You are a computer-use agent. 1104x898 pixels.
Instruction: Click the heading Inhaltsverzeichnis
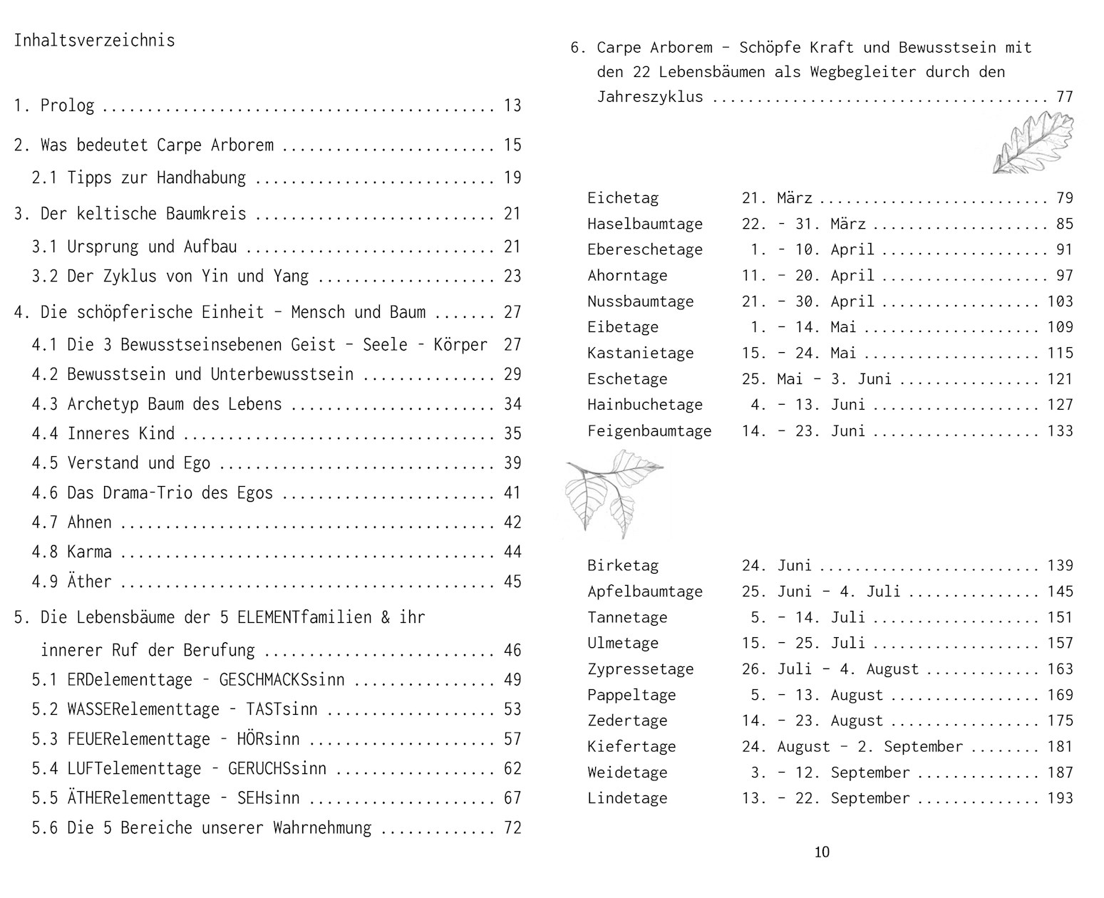click(x=94, y=40)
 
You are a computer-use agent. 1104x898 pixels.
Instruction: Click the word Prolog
click(x=67, y=105)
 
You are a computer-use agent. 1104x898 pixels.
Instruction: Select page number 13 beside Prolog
click(x=512, y=105)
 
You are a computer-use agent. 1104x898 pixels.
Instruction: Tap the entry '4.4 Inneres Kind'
click(x=103, y=433)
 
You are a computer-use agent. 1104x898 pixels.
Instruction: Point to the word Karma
click(x=89, y=552)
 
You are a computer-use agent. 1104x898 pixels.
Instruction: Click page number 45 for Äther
click(x=512, y=582)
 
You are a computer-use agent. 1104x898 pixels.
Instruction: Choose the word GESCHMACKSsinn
click(x=282, y=680)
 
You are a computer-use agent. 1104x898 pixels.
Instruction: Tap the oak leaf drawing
click(x=1033, y=143)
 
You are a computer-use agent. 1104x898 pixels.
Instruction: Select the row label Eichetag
click(x=623, y=198)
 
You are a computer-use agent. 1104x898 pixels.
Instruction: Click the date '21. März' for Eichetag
click(x=777, y=198)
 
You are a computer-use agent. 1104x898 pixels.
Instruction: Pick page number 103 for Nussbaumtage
click(x=1060, y=301)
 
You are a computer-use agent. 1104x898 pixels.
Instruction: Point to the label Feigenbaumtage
click(x=649, y=431)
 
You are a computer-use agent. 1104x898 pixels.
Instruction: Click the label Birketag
click(x=623, y=566)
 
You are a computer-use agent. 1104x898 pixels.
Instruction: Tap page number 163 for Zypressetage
click(x=1060, y=669)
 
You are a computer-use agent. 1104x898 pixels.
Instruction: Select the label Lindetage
click(x=627, y=798)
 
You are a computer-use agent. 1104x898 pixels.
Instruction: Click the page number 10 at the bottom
click(x=822, y=852)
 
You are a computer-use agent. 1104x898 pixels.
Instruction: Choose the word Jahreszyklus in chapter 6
click(x=650, y=97)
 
